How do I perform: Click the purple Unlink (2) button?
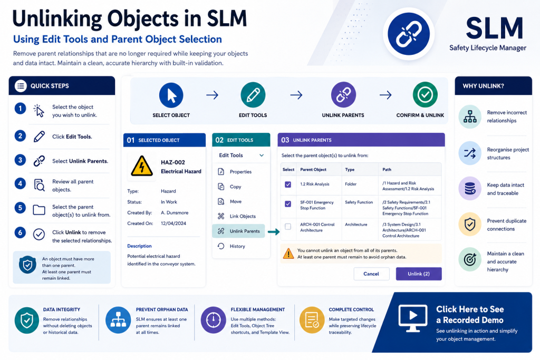pyautogui.click(x=418, y=274)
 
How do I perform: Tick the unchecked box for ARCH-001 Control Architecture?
pyautogui.click(x=288, y=227)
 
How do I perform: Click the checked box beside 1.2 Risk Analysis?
pyautogui.click(x=288, y=184)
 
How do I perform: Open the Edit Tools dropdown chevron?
pyautogui.click(x=262, y=155)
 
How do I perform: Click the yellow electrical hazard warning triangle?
pyautogui.click(x=141, y=166)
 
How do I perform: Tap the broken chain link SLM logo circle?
pyautogui.click(x=409, y=34)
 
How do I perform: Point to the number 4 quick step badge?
pyautogui.click(x=20, y=183)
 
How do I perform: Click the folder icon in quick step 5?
pyautogui.click(x=39, y=210)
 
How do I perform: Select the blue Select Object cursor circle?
pyautogui.click(x=171, y=95)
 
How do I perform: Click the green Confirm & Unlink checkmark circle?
pyautogui.click(x=425, y=94)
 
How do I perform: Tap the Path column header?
pyautogui.click(x=387, y=169)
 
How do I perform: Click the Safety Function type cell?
pyautogui.click(x=359, y=202)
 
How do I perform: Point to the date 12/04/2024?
pyautogui.click(x=173, y=223)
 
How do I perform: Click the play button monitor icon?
pyautogui.click(x=413, y=318)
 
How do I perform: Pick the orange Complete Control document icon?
pyautogui.click(x=312, y=320)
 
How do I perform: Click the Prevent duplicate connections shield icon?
pyautogui.click(x=470, y=225)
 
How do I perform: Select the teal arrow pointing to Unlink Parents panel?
pyautogui.click(x=274, y=232)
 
